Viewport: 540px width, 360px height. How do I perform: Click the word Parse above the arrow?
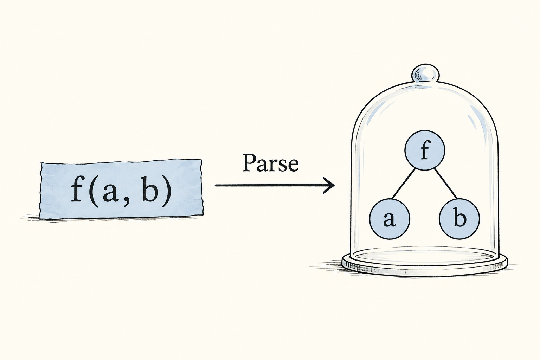pos(270,163)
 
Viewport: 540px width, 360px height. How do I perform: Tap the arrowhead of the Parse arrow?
pos(330,185)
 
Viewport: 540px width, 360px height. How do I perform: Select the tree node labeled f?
pos(425,150)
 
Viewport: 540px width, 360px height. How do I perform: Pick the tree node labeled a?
pos(389,218)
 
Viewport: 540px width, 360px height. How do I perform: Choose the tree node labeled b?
pos(459,218)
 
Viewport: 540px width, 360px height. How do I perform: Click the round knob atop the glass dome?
pos(425,73)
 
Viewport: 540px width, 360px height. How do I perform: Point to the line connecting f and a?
pos(404,184)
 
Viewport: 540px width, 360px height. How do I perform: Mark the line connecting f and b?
pos(446,184)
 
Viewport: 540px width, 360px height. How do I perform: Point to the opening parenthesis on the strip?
pos(94,192)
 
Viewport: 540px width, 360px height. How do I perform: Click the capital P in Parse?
pos(250,162)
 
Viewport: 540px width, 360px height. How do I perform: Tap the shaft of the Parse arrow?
pos(272,185)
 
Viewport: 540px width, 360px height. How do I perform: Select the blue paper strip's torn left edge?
pos(40,191)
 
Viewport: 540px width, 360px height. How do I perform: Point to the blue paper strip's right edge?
pos(202,187)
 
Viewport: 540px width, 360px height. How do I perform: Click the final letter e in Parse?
pos(294,166)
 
